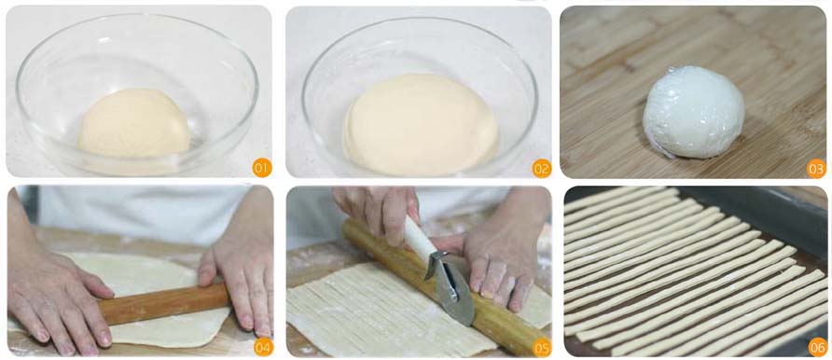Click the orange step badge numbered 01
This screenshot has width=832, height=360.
tap(261, 168)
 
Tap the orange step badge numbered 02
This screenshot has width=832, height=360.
tap(542, 168)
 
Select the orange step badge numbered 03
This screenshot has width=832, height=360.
tap(816, 168)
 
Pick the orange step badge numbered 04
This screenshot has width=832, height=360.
tap(263, 347)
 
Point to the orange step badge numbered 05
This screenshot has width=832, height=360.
tap(542, 348)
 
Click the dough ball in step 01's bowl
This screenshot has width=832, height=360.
tap(134, 125)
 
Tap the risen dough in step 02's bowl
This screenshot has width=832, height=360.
tap(421, 125)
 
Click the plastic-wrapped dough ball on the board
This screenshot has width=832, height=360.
tap(693, 112)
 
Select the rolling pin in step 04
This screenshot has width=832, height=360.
tap(164, 304)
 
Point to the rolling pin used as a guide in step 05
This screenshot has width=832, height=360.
tap(440, 286)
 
